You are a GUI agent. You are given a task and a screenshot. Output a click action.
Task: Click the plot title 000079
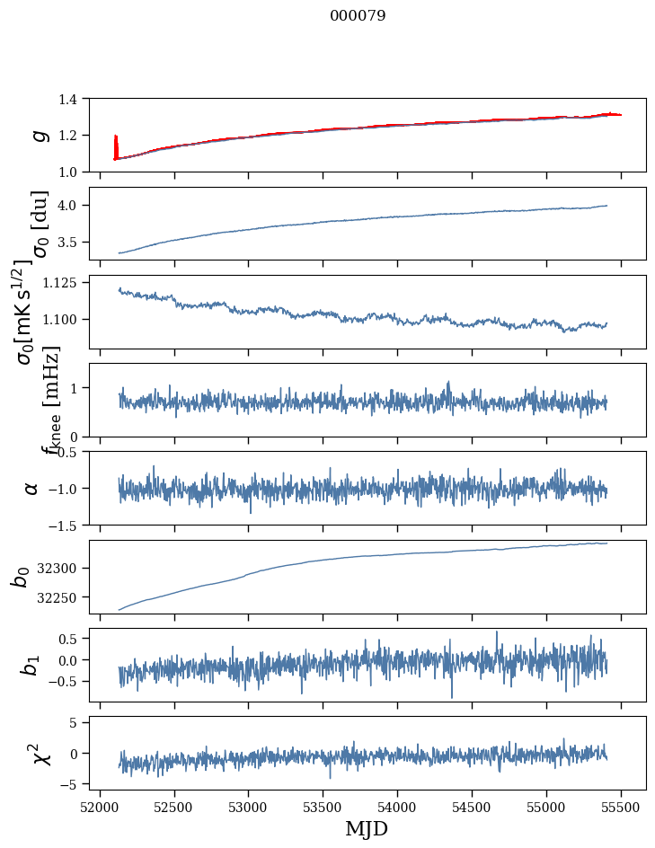(358, 16)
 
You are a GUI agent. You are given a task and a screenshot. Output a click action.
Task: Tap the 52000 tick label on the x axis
(100, 806)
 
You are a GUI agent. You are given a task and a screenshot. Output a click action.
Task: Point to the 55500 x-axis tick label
(622, 806)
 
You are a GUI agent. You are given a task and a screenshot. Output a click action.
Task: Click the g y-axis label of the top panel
(38, 135)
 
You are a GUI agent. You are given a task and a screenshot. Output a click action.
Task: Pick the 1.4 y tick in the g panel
(76, 99)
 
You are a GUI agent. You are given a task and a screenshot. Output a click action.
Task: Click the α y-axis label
(31, 488)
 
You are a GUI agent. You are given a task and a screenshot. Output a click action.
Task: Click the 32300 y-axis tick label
(65, 568)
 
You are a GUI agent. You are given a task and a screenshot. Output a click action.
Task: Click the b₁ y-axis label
(31, 665)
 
